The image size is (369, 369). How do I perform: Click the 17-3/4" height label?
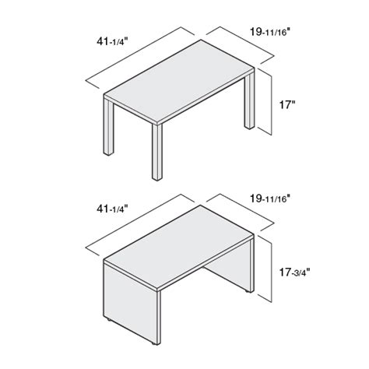click(x=293, y=273)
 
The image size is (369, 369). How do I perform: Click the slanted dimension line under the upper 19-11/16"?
click(x=242, y=43)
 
